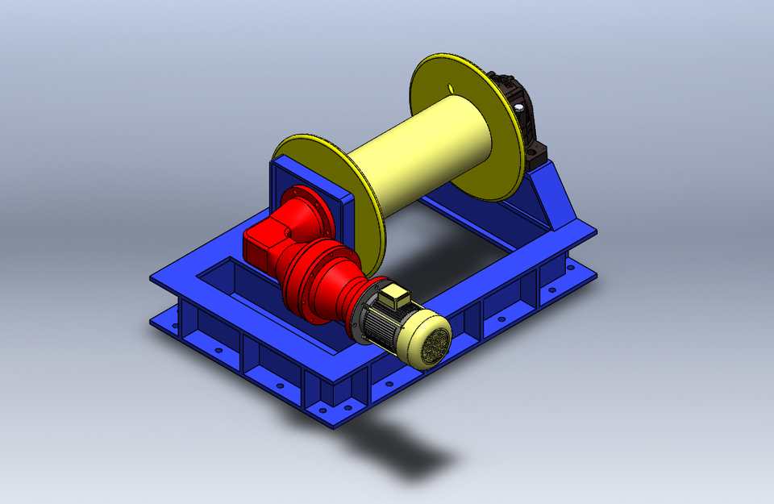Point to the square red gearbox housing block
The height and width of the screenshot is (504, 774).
point(262,242)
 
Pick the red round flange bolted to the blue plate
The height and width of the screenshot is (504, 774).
point(307,210)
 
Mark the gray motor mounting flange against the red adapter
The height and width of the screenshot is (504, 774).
point(360,314)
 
